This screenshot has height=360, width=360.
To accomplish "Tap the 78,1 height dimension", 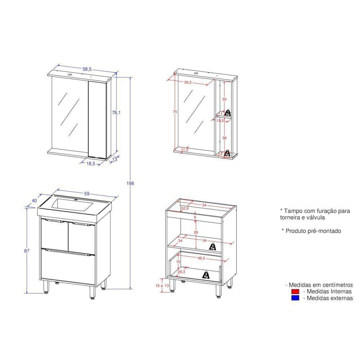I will point(116,113).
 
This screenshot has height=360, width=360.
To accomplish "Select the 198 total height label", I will point(130,183).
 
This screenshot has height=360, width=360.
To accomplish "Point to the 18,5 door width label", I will point(91,163).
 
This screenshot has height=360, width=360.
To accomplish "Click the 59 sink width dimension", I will point(87,194).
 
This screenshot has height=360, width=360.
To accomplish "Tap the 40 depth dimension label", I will point(35,201).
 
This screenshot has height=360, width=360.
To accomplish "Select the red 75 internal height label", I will point(175,112).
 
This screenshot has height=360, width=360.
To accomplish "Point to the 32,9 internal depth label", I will point(185,208).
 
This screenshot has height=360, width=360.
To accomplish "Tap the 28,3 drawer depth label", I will point(182,272).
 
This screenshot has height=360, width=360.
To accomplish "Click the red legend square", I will point(295,291).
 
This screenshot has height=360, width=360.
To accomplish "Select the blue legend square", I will point(295,298).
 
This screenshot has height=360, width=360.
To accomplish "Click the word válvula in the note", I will point(314,217).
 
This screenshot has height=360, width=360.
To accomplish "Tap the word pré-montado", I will point(324,231).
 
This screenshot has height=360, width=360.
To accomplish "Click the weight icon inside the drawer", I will point(206,275).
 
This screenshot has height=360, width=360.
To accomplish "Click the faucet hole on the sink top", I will point(76,199).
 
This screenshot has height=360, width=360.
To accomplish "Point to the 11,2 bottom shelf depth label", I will point(185,150).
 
